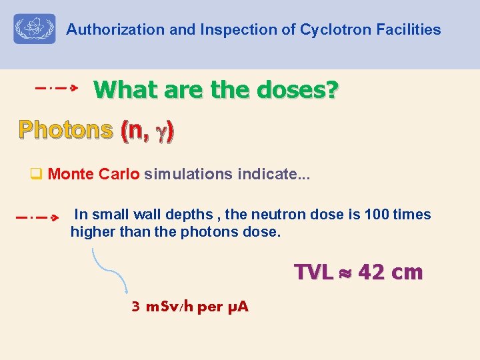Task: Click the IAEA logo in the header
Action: (x=35, y=29)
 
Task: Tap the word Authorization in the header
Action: (x=106, y=30)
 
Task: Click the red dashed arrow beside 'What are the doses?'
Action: (x=57, y=87)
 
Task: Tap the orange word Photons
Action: (x=65, y=130)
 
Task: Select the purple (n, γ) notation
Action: (x=147, y=131)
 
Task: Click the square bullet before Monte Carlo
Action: (x=37, y=175)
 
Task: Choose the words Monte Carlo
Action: (x=94, y=175)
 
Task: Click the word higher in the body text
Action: (x=92, y=232)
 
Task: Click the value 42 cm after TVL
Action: (x=390, y=273)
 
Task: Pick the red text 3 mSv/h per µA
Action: (x=190, y=307)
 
